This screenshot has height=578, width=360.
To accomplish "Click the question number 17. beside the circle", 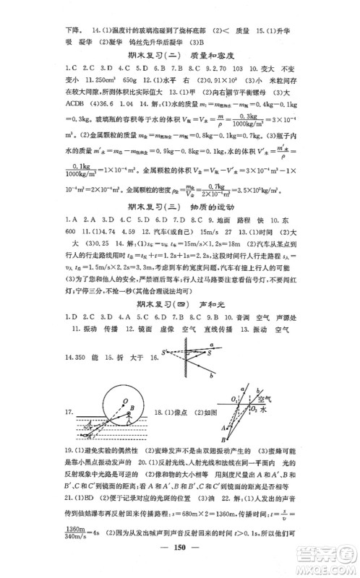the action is pos(71,412).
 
